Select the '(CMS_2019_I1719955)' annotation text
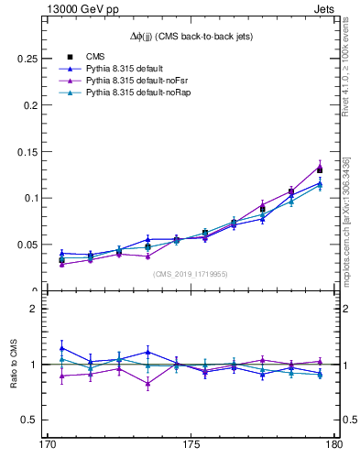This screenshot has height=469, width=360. point(191,273)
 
